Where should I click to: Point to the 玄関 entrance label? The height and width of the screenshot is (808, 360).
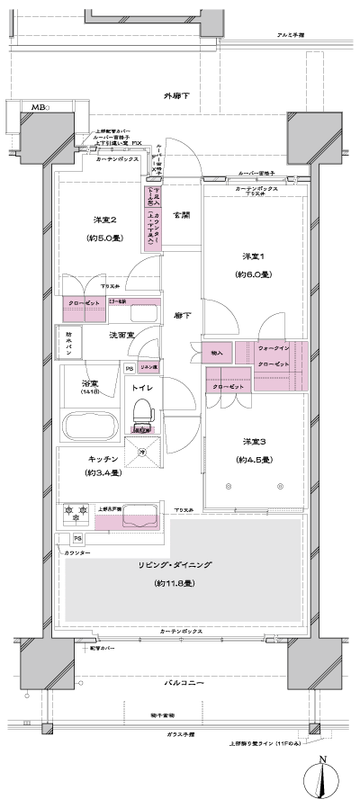point(181,214)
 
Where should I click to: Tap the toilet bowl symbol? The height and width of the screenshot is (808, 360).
point(141,414)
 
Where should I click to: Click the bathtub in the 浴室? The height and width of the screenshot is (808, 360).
point(88,424)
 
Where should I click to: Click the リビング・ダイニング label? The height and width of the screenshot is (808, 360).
point(176,564)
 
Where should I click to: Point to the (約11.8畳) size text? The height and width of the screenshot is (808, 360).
point(176,584)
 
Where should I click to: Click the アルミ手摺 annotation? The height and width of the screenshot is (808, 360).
point(291,33)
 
